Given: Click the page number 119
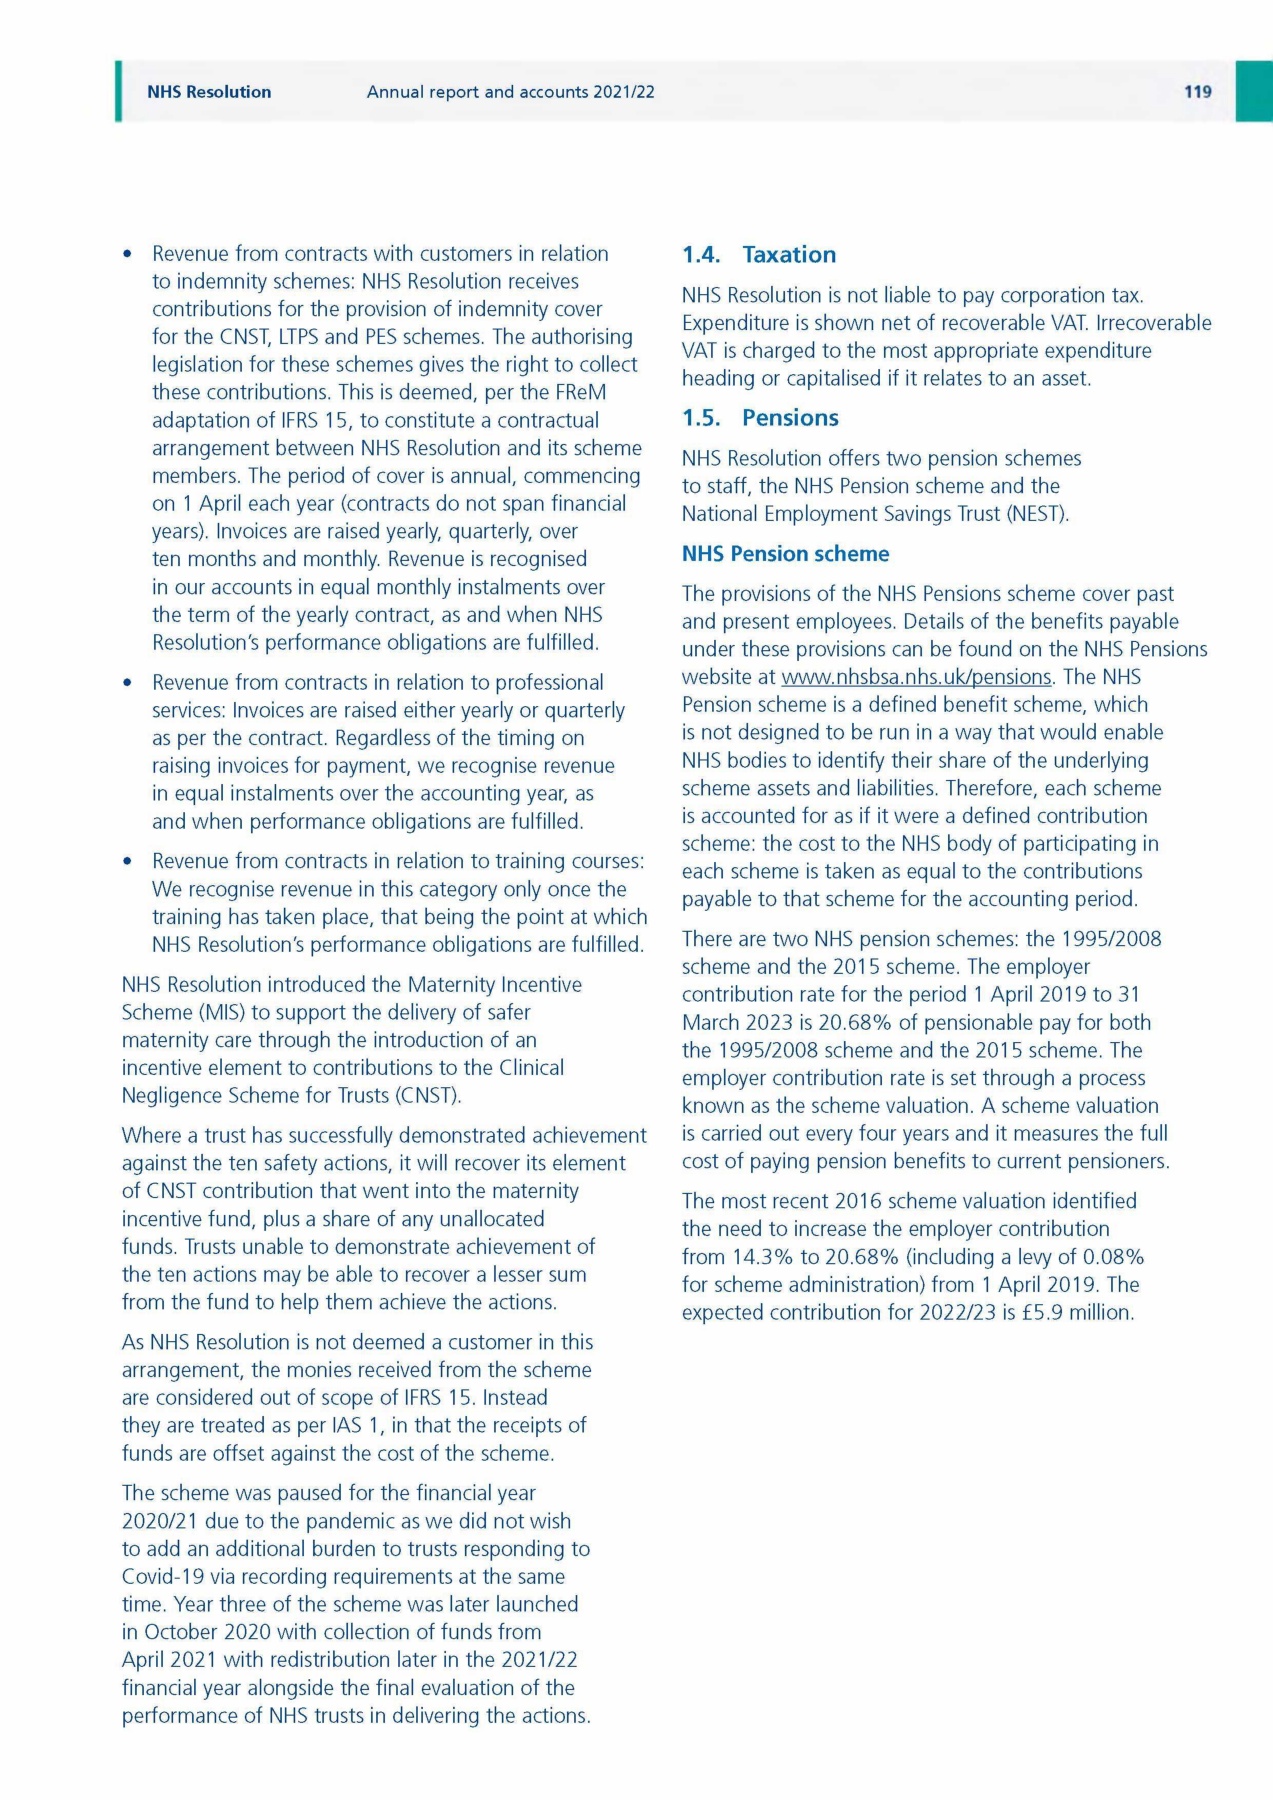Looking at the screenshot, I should (x=1197, y=92).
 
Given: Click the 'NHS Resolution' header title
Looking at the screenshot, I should (x=209, y=92).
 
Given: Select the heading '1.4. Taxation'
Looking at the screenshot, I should (x=759, y=255).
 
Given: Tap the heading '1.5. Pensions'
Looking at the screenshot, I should (x=760, y=418).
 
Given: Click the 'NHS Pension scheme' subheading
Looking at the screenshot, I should (x=785, y=554).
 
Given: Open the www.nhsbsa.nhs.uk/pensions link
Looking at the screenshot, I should (x=916, y=677).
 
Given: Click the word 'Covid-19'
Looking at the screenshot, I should (x=162, y=1576).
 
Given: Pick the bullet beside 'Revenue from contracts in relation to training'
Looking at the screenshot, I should (x=127, y=862).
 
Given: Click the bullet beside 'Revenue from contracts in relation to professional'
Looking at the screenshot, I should (x=127, y=683).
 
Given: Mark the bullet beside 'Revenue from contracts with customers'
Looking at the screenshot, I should (x=127, y=254).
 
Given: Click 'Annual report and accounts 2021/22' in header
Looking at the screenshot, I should (x=510, y=92).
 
